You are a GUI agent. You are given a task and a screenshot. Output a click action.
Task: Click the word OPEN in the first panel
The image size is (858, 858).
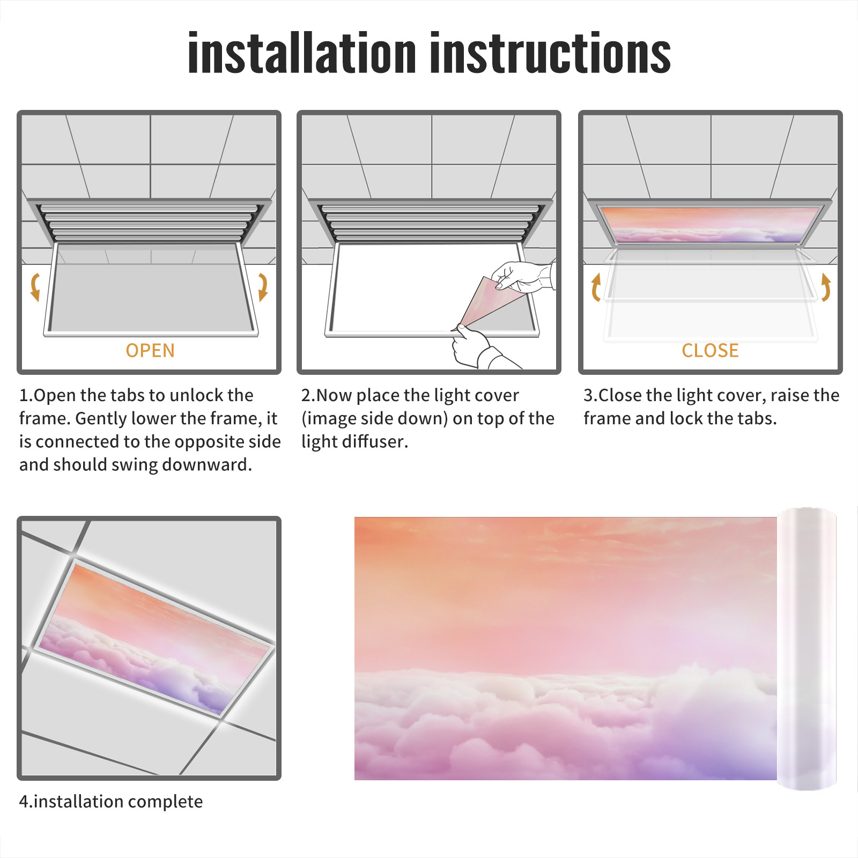tap(150, 351)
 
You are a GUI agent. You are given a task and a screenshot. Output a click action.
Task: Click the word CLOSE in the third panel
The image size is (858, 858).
tap(710, 351)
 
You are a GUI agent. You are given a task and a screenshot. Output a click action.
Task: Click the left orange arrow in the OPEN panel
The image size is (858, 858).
tap(34, 287)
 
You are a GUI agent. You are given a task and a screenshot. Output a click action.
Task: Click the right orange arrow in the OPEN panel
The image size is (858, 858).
tap(263, 287)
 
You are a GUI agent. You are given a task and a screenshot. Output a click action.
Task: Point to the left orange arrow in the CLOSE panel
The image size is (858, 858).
tap(596, 287)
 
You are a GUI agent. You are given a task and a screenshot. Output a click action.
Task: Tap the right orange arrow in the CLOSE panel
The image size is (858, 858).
tap(826, 287)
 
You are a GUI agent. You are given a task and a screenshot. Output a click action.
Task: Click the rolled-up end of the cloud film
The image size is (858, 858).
tap(807, 649)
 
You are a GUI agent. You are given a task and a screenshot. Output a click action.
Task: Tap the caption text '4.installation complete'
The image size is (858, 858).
tap(111, 802)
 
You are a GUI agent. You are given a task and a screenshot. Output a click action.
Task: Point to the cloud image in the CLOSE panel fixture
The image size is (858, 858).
tap(710, 225)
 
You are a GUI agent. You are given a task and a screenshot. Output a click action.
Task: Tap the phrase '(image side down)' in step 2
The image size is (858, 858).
tap(374, 418)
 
